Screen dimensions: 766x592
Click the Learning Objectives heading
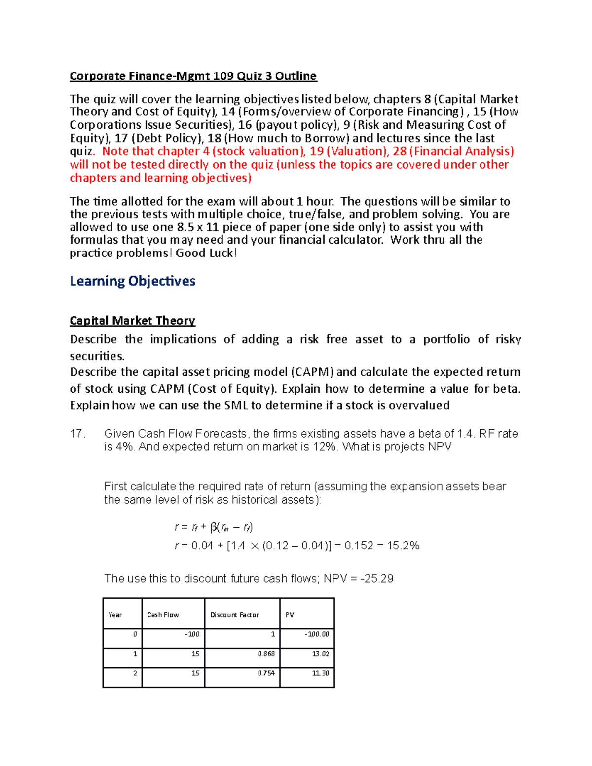(132, 281)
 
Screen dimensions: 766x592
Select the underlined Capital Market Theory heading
(132, 321)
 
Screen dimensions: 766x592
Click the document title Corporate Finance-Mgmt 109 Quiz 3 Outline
(193, 76)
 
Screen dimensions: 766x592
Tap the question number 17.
(78, 434)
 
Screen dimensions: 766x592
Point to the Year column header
(115, 615)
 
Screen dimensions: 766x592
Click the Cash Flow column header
(163, 615)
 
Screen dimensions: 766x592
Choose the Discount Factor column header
(235, 615)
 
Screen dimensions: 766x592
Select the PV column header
(290, 615)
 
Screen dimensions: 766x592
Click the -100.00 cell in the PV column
(317, 634)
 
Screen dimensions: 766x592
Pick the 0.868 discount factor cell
(266, 654)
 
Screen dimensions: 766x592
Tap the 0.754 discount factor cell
(266, 673)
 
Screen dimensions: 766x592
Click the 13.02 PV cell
(321, 654)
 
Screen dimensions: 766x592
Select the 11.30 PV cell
(321, 673)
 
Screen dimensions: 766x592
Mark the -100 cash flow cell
(192, 634)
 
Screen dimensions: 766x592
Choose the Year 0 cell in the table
(135, 634)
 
